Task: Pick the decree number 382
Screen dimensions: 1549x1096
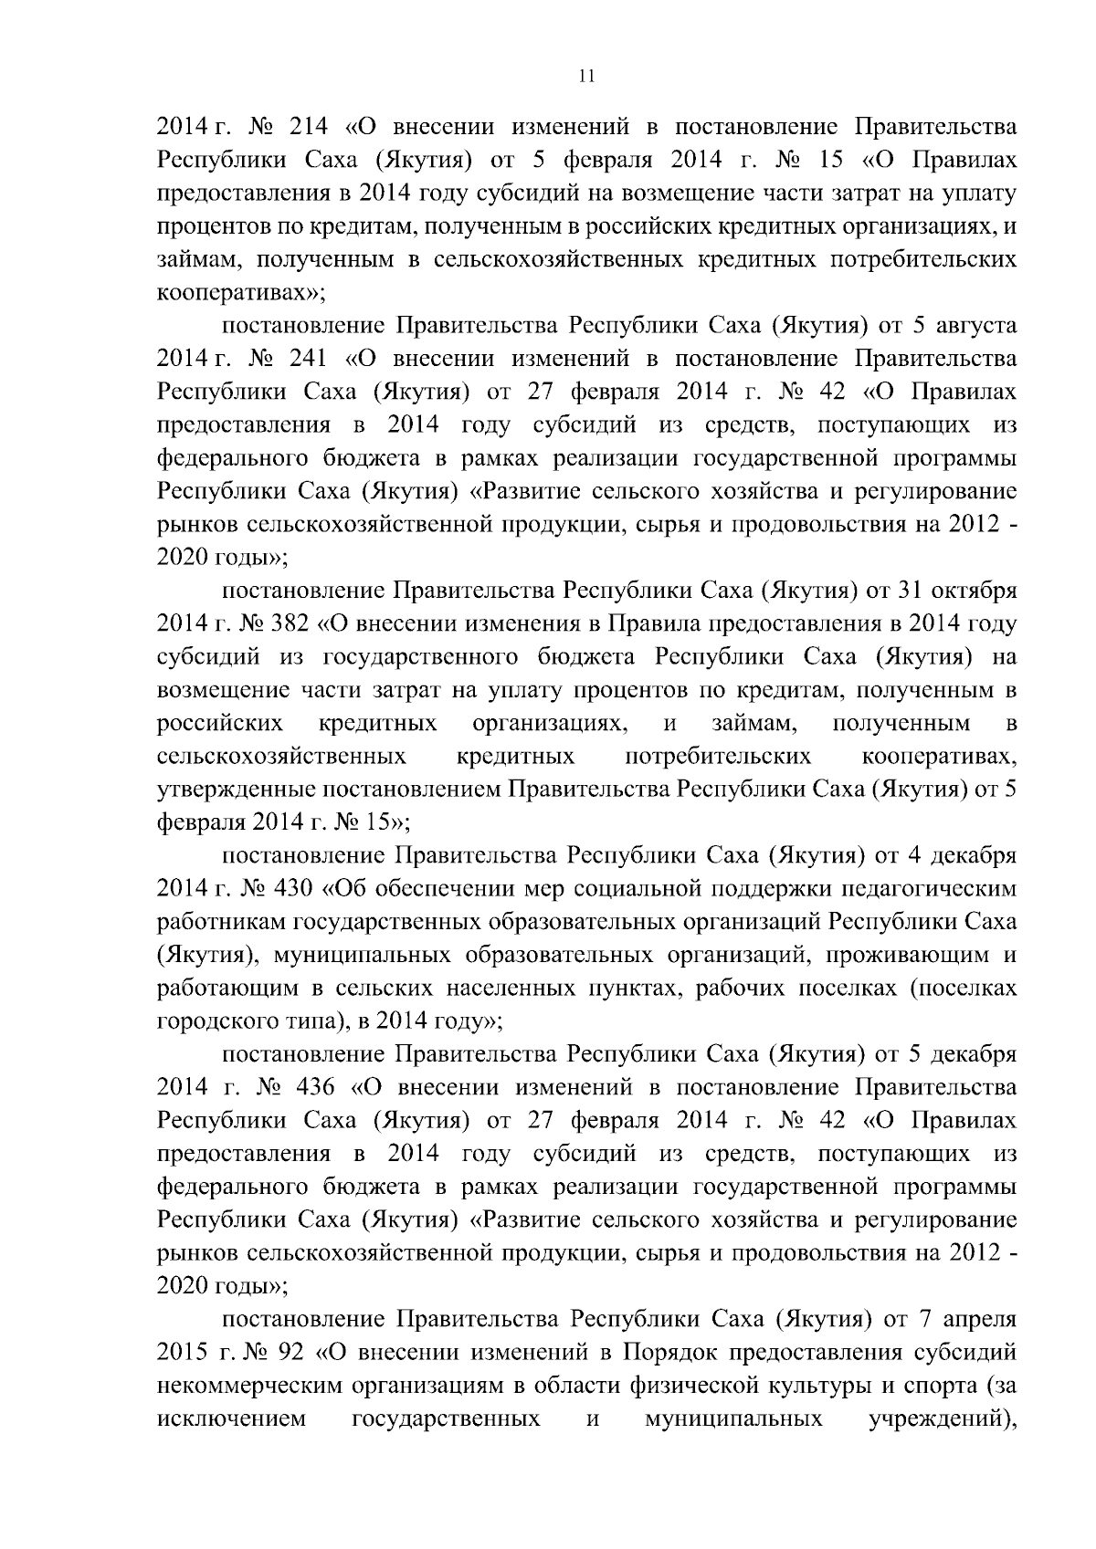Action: (290, 624)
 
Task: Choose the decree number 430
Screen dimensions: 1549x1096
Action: (290, 888)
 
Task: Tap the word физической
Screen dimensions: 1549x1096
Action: (687, 1385)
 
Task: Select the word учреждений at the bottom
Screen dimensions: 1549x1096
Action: (937, 1418)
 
